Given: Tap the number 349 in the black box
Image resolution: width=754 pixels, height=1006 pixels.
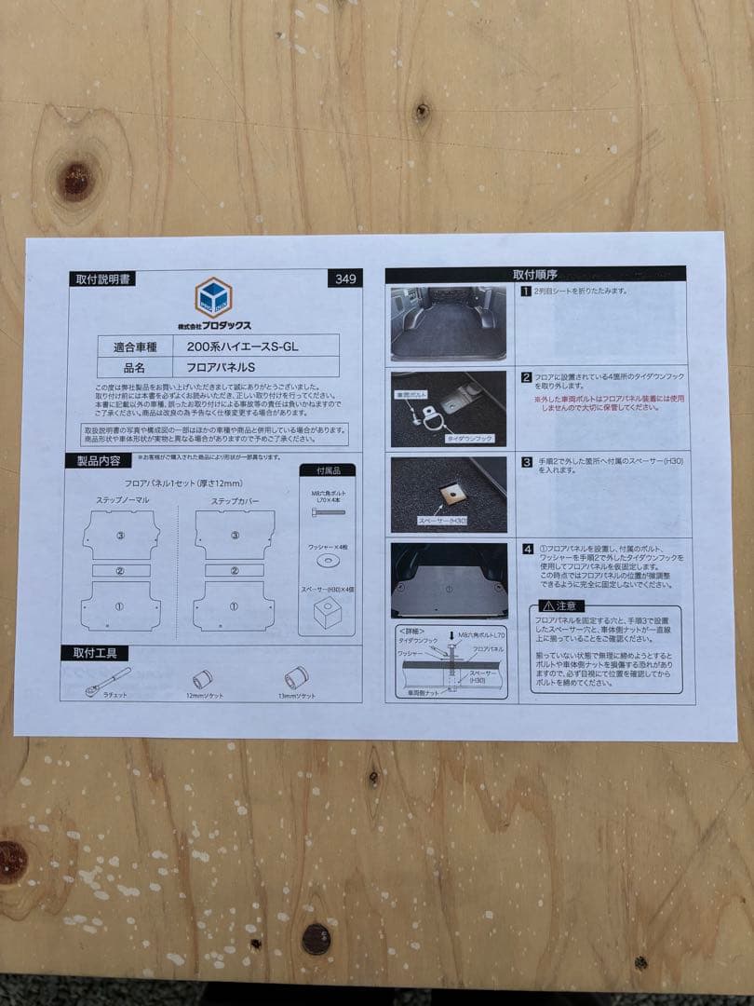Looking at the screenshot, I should (x=344, y=278).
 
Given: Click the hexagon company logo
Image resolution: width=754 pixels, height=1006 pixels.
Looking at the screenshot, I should (x=213, y=297).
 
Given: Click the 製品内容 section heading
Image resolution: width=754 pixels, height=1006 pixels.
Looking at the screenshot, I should (x=91, y=461).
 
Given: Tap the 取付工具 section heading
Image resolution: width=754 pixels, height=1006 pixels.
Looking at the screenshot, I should (x=94, y=653).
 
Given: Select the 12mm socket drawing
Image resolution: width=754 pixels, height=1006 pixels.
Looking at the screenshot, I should (x=203, y=679).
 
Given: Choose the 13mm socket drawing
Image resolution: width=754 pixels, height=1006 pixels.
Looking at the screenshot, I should (x=297, y=677).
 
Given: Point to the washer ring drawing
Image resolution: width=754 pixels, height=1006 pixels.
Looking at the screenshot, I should (x=328, y=562).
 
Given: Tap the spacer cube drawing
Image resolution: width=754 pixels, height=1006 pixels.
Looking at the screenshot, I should (x=328, y=613).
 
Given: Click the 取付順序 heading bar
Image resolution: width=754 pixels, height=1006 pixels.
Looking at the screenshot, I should (x=534, y=275).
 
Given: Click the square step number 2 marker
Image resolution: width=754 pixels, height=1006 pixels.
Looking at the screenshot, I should (x=526, y=378).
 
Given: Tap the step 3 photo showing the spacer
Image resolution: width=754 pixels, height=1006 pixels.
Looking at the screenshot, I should (x=448, y=494).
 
